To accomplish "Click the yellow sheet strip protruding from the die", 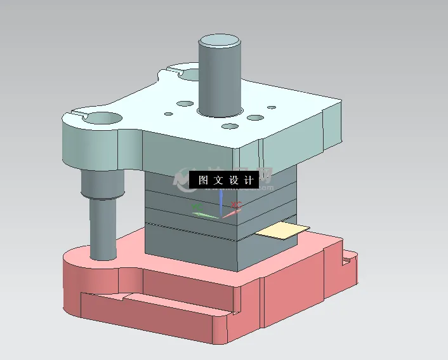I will pyautogui.click(x=282, y=230).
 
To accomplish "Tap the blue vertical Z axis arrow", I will pyautogui.click(x=220, y=202).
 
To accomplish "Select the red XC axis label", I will pyautogui.click(x=236, y=205).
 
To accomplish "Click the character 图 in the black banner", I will pyautogui.click(x=203, y=180).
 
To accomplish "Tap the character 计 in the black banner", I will pyautogui.click(x=247, y=180).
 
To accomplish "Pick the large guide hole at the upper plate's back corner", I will pyautogui.click(x=191, y=74).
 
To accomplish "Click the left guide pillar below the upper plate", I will pyautogui.click(x=102, y=229).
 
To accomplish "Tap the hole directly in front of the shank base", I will pyautogui.click(x=229, y=128).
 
